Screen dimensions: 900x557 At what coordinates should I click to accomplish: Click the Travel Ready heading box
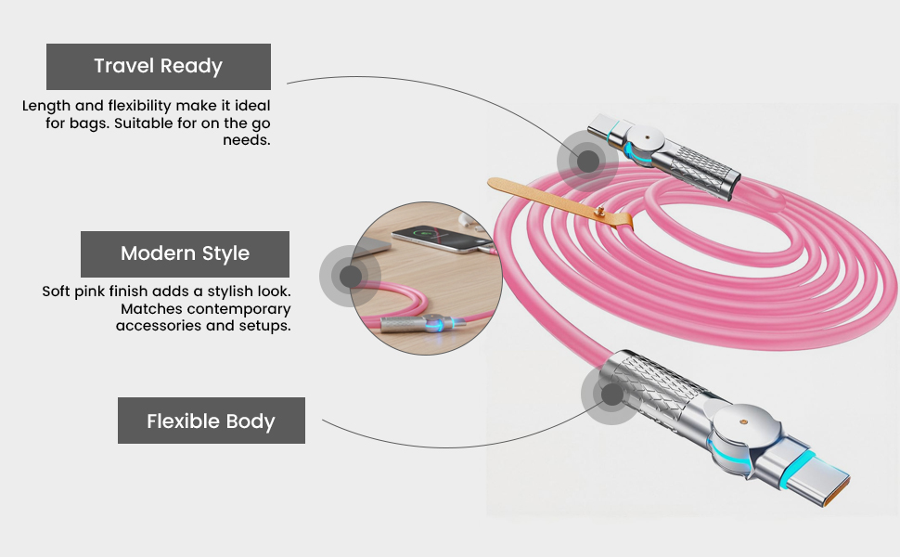click(x=159, y=67)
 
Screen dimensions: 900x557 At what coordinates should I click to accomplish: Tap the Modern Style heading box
click(x=185, y=253)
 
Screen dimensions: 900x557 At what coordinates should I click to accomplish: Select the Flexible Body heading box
click(x=212, y=421)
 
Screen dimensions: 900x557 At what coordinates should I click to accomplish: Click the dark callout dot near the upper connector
click(x=587, y=161)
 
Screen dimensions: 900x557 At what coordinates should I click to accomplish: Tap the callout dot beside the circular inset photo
click(x=350, y=277)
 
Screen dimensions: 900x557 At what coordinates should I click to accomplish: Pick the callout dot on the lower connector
click(x=611, y=395)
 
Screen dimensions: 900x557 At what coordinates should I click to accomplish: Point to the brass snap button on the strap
click(x=600, y=212)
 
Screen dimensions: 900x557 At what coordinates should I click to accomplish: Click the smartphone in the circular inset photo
click(x=435, y=239)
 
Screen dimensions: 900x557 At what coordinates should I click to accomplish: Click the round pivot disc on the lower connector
click(x=743, y=422)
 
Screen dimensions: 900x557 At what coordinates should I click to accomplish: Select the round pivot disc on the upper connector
click(x=645, y=139)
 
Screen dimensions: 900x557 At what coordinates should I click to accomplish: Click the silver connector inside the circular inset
click(x=420, y=326)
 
